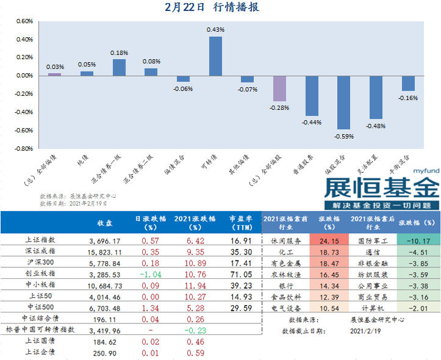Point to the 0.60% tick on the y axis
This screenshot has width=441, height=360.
click(24, 21)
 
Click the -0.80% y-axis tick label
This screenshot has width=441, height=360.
click(23, 148)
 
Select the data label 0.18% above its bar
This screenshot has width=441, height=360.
click(119, 53)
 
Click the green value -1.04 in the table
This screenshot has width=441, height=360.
click(145, 275)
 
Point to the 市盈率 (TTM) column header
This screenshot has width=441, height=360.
click(240, 223)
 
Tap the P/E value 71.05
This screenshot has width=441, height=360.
click(240, 275)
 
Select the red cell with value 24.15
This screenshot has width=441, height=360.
click(329, 241)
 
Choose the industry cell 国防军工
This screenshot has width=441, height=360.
click(373, 241)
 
